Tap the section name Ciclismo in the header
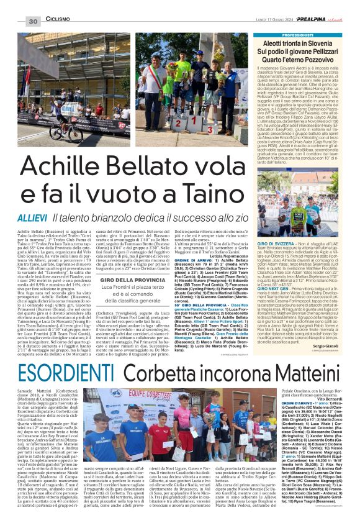click(58, 20)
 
